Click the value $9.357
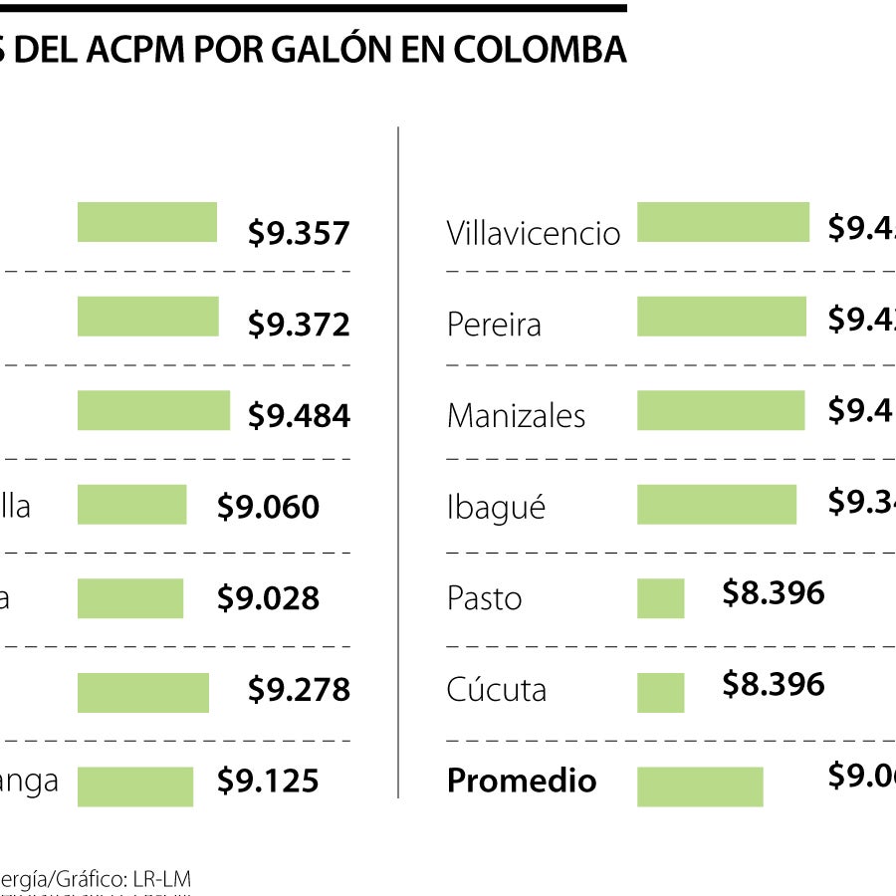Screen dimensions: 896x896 [x=299, y=233]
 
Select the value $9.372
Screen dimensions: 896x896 [x=299, y=325]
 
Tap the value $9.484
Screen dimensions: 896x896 [x=299, y=416]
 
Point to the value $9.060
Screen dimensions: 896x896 [x=268, y=508]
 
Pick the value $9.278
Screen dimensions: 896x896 [x=299, y=690]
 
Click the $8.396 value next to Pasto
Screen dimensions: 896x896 [x=774, y=593]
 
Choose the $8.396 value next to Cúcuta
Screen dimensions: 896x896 [x=774, y=684]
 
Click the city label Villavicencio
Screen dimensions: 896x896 [x=534, y=234]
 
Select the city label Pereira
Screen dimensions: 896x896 [x=494, y=326]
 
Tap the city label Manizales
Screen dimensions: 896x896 [x=516, y=416]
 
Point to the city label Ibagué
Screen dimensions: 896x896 [x=496, y=508]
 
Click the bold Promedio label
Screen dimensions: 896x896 [x=522, y=782]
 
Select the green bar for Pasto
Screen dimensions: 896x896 [x=661, y=598]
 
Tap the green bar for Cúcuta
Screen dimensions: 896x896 [x=661, y=693]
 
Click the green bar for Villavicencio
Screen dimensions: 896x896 [x=723, y=222]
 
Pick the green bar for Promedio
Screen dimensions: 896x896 [x=700, y=786]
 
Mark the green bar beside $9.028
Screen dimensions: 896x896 [x=130, y=598]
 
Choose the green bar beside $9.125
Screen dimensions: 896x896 [x=135, y=786]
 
